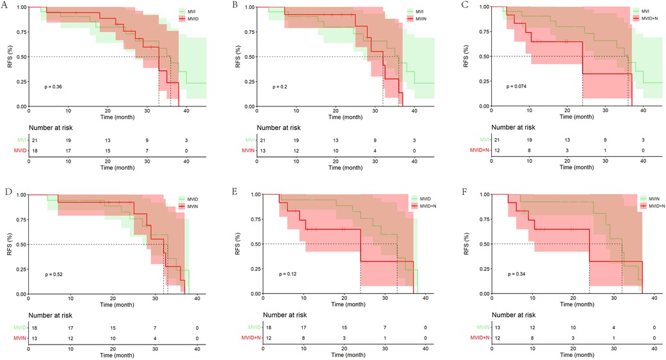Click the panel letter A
(x=4, y=5)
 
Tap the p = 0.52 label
(x=54, y=274)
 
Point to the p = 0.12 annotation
(x=288, y=274)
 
